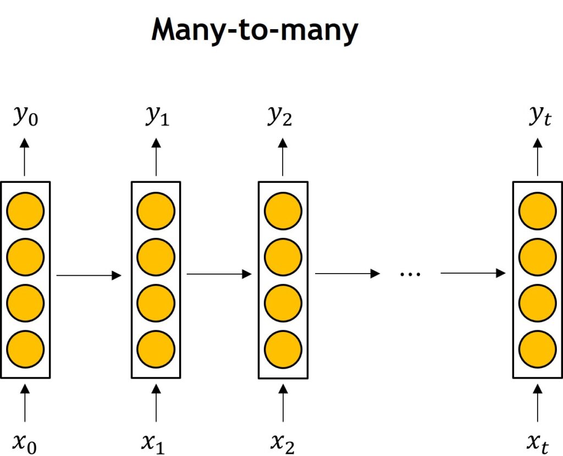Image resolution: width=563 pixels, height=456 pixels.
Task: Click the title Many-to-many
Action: pos(255,31)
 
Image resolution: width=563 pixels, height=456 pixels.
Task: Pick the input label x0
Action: pos(25,443)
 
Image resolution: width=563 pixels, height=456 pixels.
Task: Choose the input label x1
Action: pos(153,443)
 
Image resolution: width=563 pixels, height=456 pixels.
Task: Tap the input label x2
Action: pos(283,443)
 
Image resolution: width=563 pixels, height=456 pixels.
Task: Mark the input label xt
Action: pos(538,443)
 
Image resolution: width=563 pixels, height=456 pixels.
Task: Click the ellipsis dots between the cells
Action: pos(410,275)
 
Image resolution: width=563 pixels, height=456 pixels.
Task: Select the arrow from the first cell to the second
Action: pos(89,275)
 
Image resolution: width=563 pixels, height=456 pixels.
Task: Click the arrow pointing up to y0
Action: pos(24,157)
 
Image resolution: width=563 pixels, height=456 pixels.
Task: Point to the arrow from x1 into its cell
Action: pos(156,403)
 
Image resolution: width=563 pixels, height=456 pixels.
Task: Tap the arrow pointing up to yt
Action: pos(538,157)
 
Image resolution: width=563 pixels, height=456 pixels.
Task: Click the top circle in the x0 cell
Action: pos(25,211)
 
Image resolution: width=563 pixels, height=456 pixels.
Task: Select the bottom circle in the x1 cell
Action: pos(156,349)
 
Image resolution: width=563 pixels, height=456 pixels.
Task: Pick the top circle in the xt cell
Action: pos(538,211)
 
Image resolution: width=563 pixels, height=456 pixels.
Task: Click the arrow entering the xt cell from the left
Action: pos(473,273)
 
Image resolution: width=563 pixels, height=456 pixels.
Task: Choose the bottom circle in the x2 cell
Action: pos(283,349)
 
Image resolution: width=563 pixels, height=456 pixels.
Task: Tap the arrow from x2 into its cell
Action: pos(283,403)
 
